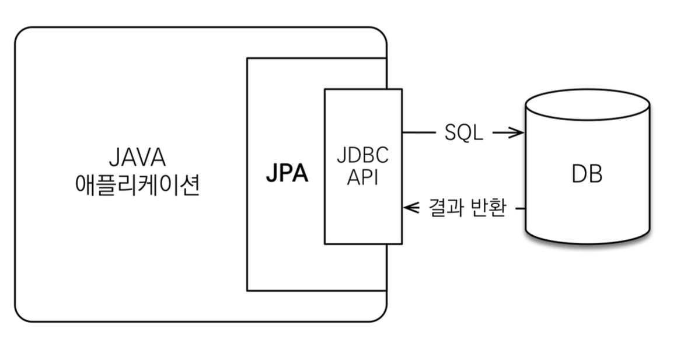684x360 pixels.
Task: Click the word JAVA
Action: tap(137, 158)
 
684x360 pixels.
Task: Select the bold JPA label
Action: tap(287, 173)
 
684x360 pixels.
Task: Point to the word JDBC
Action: tap(362, 156)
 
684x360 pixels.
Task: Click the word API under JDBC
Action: tap(362, 177)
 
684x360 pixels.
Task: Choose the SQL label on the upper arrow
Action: tap(464, 133)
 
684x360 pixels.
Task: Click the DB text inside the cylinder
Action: tap(587, 174)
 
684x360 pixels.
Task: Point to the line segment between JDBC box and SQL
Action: tap(419, 133)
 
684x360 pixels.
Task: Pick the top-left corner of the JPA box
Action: tap(247, 58)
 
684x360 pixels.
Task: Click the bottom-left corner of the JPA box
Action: tap(247, 290)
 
